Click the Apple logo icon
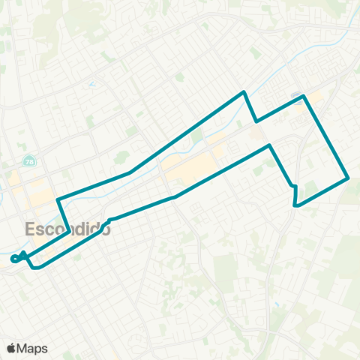(x=12, y=348)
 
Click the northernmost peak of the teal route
(x=244, y=92)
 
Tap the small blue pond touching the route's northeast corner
(x=297, y=95)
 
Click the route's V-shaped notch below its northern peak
(x=256, y=121)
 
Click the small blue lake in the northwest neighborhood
(x=92, y=84)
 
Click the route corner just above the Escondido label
(x=58, y=199)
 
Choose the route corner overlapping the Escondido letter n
(x=69, y=229)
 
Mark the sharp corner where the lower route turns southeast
(x=269, y=145)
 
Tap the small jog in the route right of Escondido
(x=110, y=220)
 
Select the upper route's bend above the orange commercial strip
(x=131, y=172)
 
